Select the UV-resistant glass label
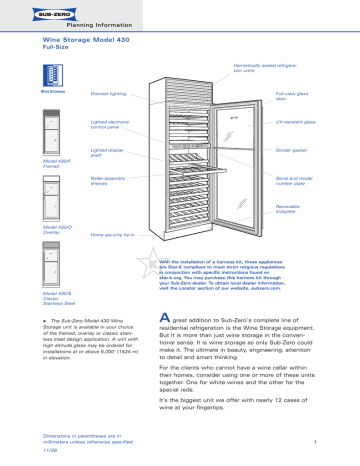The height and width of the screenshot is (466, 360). tap(294, 126)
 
